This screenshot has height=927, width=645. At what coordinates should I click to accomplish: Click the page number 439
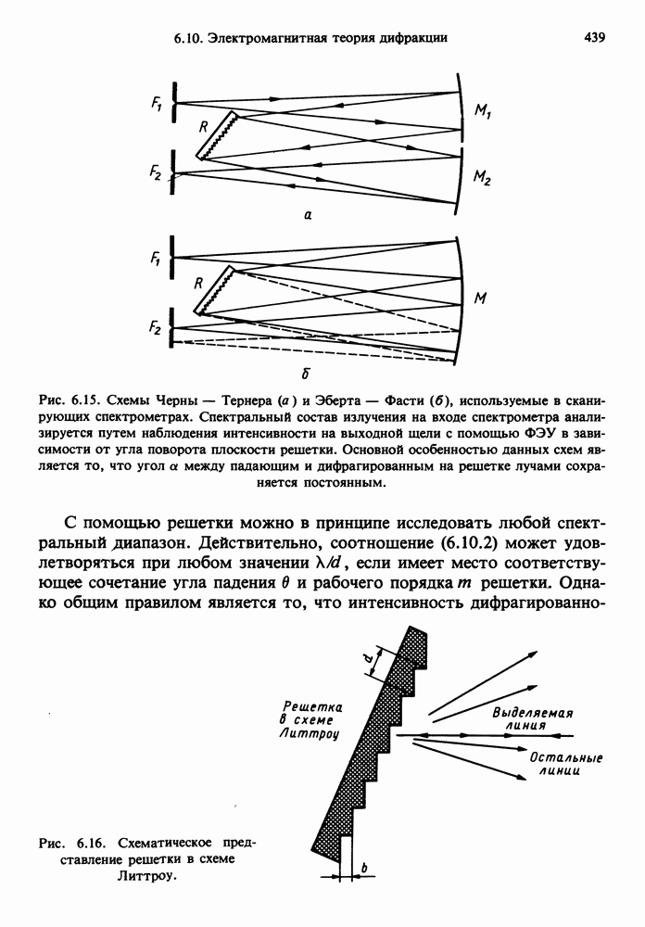point(594,38)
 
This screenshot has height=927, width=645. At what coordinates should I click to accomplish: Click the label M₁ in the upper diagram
point(483,111)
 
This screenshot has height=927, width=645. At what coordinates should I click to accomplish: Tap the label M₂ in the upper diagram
point(483,182)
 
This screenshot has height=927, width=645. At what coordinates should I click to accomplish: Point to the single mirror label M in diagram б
point(482,298)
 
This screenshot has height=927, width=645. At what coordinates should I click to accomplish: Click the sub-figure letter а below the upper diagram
point(307,215)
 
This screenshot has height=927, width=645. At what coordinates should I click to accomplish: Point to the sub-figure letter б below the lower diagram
point(306,374)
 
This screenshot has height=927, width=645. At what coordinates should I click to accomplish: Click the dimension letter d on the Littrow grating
point(367,659)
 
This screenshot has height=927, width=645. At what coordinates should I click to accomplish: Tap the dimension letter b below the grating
point(364,868)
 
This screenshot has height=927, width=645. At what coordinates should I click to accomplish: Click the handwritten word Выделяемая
point(533,714)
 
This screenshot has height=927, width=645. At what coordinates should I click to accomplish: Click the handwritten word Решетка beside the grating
point(312,707)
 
